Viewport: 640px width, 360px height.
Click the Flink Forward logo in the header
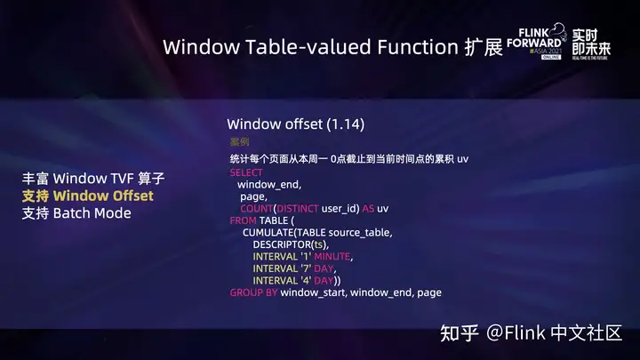pyautogui.click(x=536, y=41)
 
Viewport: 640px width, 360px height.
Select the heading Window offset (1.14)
pyautogui.click(x=295, y=124)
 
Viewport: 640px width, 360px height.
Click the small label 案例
pyautogui.click(x=239, y=141)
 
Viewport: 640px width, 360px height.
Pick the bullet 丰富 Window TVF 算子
pyautogui.click(x=93, y=178)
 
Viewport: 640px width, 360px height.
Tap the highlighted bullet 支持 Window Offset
pyautogui.click(x=87, y=196)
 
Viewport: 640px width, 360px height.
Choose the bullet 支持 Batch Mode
pyautogui.click(x=76, y=213)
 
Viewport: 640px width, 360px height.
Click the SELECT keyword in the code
pyautogui.click(x=246, y=172)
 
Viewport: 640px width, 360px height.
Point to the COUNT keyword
pyautogui.click(x=256, y=208)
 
